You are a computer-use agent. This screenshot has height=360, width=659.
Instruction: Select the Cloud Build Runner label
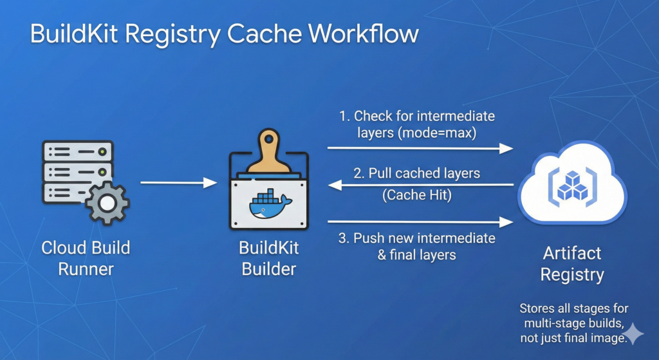click(86, 258)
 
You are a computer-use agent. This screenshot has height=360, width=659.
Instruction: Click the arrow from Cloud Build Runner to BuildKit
click(179, 184)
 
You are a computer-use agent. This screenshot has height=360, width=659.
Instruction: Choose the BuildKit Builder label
click(269, 258)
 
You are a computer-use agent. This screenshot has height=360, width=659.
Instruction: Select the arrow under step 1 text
click(420, 148)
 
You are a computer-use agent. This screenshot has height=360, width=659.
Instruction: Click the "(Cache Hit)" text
click(417, 195)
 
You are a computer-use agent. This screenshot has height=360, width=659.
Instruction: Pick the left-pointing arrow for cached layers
click(420, 185)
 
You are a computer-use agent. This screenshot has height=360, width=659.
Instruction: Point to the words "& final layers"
click(417, 254)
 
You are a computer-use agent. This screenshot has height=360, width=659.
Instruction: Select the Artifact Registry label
click(571, 264)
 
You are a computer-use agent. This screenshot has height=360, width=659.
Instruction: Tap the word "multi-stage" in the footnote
click(543, 324)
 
